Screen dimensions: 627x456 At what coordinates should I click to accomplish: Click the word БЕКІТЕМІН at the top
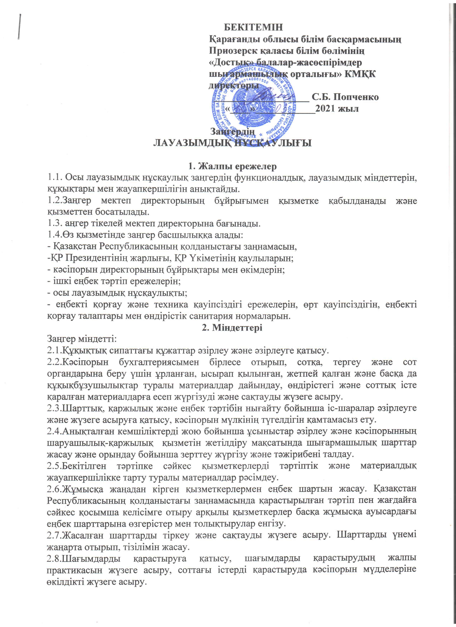click(253, 27)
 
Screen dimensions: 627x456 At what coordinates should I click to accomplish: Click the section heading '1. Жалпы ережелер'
click(232, 167)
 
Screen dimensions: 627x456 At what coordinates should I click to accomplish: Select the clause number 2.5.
click(54, 466)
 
